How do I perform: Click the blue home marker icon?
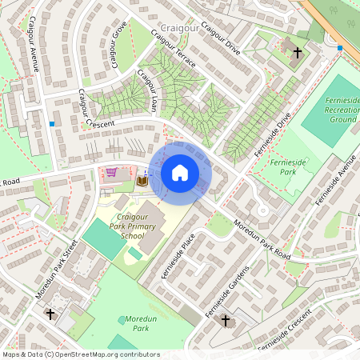[180, 173]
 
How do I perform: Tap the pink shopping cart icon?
[111, 172]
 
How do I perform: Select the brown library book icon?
[142, 182]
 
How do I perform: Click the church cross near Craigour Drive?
[298, 53]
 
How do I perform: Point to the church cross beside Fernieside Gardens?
[225, 321]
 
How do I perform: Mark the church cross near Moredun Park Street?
[50, 314]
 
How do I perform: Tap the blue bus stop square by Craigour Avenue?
[52, 124]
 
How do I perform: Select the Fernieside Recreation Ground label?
[331, 107]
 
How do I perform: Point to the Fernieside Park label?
[284, 167]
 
